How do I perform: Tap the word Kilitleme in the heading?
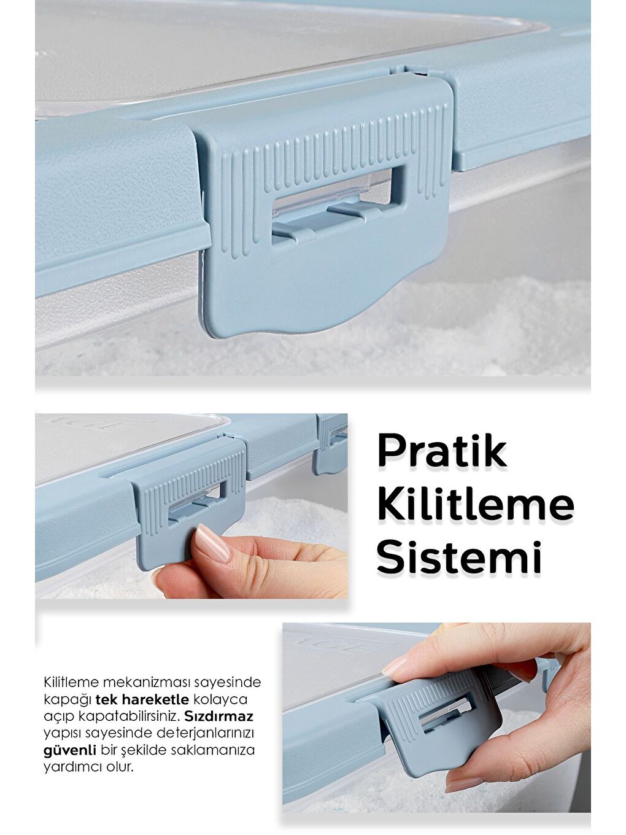(475, 505)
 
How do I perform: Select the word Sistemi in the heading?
(459, 557)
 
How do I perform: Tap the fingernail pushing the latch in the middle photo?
(212, 543)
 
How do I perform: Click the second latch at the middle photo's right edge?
(331, 442)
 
